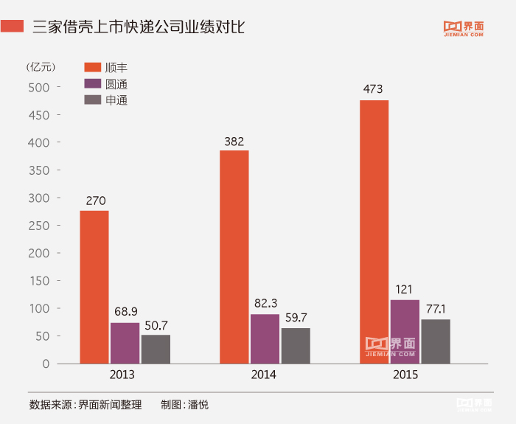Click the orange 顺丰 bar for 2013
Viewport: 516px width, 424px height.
click(94, 287)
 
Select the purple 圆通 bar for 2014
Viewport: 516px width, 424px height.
click(265, 338)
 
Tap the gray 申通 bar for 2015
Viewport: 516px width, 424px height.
click(436, 341)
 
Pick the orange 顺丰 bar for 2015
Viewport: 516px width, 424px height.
click(374, 232)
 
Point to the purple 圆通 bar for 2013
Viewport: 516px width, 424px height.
click(125, 343)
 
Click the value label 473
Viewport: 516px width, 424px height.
click(373, 90)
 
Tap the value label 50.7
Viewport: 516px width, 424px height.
click(156, 324)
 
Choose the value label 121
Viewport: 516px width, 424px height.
click(405, 289)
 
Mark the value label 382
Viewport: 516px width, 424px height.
click(234, 141)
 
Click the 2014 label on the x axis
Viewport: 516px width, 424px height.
click(263, 375)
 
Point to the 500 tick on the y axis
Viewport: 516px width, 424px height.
click(39, 87)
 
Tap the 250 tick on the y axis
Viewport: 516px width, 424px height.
click(39, 226)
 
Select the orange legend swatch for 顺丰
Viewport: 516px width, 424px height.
click(92, 68)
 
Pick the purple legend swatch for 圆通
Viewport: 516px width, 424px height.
click(92, 84)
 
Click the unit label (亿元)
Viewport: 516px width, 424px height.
click(41, 66)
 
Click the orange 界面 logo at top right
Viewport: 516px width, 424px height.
click(464, 27)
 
